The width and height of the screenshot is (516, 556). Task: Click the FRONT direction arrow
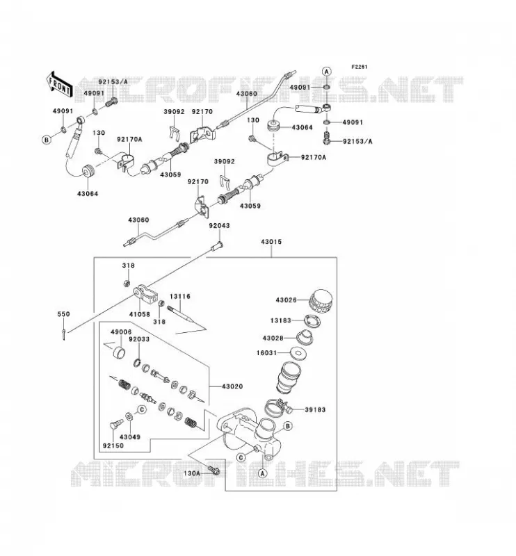(60, 84)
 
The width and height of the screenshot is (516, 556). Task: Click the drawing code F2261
(360, 67)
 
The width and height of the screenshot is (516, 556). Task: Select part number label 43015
(271, 242)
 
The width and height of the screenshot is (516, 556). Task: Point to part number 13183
(281, 320)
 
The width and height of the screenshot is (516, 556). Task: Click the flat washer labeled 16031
(299, 353)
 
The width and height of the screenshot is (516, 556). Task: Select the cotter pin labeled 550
(63, 334)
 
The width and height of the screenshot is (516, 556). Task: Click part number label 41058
(140, 314)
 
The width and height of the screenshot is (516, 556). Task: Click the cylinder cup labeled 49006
(119, 353)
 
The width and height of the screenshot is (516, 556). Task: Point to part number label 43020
(232, 386)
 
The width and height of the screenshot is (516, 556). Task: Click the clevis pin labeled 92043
(216, 246)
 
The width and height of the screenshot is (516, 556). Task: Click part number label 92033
(139, 339)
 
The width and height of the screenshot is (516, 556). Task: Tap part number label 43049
(130, 437)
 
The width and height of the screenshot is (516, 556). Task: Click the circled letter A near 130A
(262, 473)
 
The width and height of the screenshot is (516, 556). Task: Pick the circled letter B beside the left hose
(46, 140)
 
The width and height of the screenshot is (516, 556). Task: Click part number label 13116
(180, 296)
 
